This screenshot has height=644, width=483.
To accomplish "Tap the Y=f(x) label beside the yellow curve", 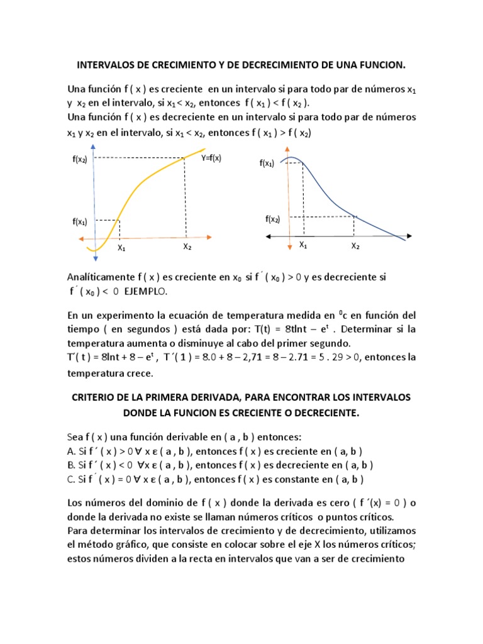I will [211, 158].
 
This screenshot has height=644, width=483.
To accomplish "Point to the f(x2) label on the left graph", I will [79, 160].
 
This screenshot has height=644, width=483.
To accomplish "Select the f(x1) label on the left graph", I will [79, 221].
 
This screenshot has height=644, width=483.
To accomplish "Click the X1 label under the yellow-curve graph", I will [121, 248].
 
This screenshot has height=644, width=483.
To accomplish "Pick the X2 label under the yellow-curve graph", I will [187, 247].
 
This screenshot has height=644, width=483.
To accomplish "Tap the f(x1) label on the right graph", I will [267, 164].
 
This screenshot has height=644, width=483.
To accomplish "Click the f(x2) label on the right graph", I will [272, 219].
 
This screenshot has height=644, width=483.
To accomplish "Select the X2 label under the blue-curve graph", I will [355, 246].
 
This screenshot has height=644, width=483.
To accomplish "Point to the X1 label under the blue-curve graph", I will [303, 245].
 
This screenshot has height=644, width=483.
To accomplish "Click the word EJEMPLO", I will [146, 292].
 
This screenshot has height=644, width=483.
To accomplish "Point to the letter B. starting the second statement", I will [70, 466].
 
